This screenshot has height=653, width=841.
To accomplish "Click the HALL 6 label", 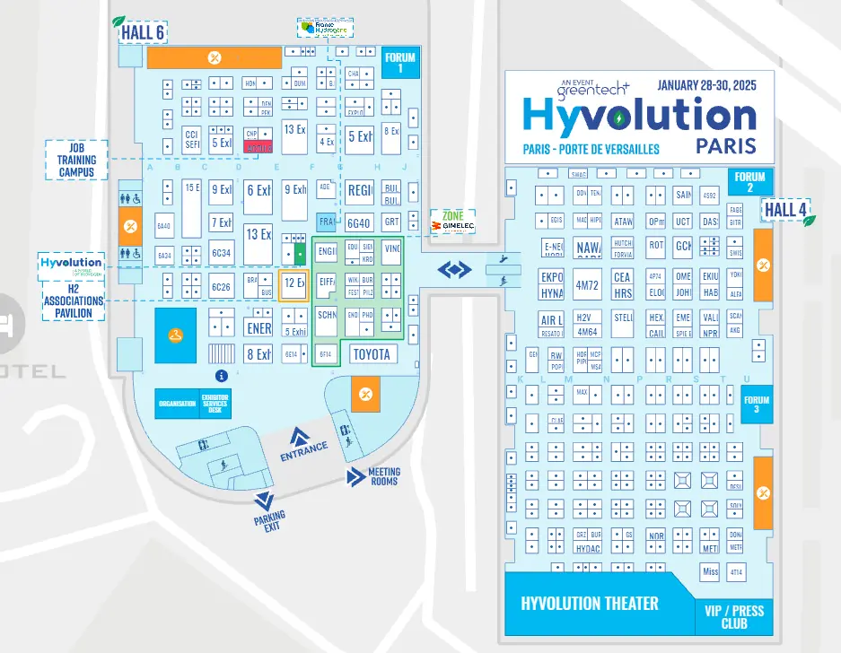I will click(x=143, y=33).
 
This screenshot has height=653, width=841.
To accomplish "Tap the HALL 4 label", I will click(x=784, y=211).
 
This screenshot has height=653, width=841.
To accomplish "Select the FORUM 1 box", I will click(x=400, y=63).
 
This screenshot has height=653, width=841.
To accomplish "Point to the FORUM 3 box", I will click(x=757, y=405).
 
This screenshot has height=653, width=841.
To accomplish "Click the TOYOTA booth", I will click(x=372, y=354).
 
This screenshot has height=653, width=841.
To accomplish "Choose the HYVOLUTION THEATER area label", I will click(x=590, y=604).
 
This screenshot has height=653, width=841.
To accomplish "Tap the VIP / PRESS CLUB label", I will click(x=733, y=616).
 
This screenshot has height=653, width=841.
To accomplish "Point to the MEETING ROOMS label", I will click(x=383, y=476).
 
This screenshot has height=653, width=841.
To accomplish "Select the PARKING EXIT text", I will click(x=269, y=521).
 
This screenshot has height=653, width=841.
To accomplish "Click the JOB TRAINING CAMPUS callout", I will click(x=76, y=159).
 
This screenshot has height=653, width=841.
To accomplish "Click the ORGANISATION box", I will click(x=177, y=404).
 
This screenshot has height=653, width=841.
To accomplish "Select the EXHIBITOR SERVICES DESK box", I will click(x=215, y=404).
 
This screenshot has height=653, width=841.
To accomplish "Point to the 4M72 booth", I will click(x=588, y=284).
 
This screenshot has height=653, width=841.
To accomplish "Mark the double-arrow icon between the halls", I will click(x=454, y=268).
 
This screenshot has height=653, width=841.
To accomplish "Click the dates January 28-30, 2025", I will click(x=707, y=86).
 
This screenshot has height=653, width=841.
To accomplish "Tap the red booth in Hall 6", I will click(x=258, y=147).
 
